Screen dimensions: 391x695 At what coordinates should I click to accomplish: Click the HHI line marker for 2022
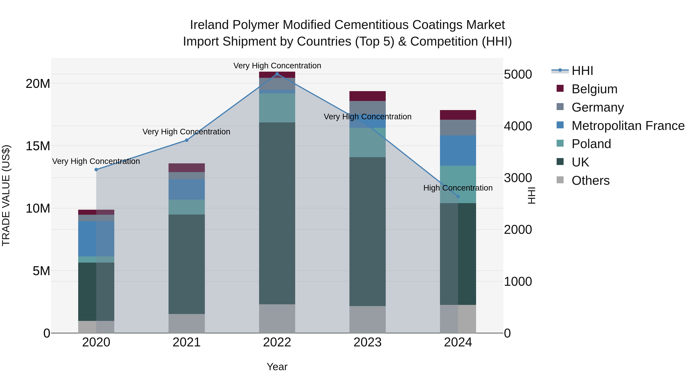tap(277, 74)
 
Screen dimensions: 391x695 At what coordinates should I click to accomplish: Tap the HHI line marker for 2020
tap(96, 170)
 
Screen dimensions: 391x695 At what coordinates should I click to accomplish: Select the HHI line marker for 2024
tap(458, 196)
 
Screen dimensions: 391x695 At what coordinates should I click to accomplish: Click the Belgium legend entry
tap(594, 89)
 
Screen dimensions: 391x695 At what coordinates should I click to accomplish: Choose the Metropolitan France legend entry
tap(628, 126)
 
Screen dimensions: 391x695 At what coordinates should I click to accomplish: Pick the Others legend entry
tap(590, 181)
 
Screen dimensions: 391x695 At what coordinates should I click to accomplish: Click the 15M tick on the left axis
tap(38, 146)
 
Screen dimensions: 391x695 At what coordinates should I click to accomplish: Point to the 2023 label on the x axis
tap(367, 342)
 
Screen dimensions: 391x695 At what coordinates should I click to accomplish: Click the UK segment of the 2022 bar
tap(277, 213)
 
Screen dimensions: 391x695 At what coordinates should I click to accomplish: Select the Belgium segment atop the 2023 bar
tap(367, 96)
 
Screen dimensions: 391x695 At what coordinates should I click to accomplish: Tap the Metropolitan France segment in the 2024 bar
tap(458, 151)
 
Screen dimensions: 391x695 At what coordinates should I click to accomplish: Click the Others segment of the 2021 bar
tap(186, 323)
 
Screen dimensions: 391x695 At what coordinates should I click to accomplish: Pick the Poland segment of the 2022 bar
tap(277, 108)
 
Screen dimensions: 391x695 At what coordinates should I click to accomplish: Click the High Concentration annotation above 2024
tap(458, 188)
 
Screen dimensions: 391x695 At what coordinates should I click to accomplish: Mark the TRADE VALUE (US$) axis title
tap(6, 195)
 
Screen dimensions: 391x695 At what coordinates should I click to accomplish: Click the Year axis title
tap(277, 367)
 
